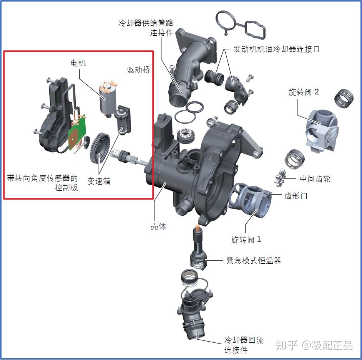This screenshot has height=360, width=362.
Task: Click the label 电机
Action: pos(78,63)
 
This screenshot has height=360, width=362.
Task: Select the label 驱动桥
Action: pos(139,70)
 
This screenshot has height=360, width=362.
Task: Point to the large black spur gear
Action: pos(99,147)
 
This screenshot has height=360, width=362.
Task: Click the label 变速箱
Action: pos(99,181)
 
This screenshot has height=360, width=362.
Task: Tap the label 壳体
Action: pos(158,226)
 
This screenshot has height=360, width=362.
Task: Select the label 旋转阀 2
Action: pos(304,92)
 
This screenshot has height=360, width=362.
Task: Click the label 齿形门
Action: pos(296,196)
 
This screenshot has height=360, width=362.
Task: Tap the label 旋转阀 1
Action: pos(246,240)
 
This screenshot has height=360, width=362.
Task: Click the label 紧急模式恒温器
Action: pos(254,261)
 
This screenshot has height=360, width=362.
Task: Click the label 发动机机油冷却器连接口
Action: pos(276,50)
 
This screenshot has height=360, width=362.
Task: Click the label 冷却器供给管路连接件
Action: pos(146,28)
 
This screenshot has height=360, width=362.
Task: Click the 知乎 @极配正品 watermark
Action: pos(314,345)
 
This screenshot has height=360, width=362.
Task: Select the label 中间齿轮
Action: pos(315,179)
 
